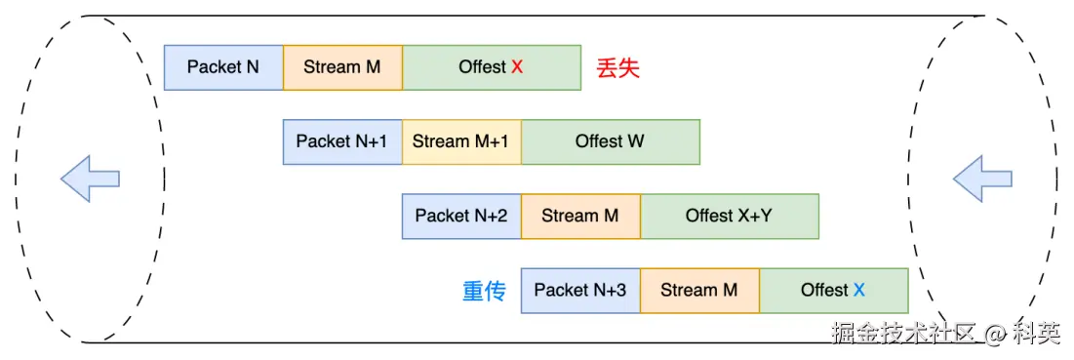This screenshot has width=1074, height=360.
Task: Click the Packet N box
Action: coord(223,67)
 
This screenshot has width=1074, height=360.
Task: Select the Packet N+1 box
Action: coord(342,141)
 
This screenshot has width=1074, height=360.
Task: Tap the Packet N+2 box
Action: coord(461,216)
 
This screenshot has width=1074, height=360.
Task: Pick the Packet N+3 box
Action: coord(580,290)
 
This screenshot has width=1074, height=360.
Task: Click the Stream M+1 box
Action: coord(461,141)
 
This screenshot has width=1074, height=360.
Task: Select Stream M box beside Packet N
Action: coord(342,67)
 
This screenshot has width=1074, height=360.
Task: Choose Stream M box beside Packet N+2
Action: coord(580,216)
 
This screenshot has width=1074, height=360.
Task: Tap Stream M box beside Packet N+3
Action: coord(700,290)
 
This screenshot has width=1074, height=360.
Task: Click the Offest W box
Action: coord(611,141)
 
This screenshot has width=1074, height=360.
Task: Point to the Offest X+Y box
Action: coord(730,216)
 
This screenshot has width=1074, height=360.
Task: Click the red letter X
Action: coord(517,67)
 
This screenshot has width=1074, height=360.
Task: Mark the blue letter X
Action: coord(858,290)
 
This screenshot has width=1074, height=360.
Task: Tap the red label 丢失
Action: coord(617,67)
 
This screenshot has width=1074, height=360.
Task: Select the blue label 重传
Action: coord(484,291)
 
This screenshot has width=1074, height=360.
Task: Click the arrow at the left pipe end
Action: coord(91,179)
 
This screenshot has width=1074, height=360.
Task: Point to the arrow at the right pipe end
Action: coord(983,179)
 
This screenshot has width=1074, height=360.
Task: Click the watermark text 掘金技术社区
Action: coord(902,333)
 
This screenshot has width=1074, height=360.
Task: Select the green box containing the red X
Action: coord(492,67)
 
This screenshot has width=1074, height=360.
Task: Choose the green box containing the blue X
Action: coord(834,290)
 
